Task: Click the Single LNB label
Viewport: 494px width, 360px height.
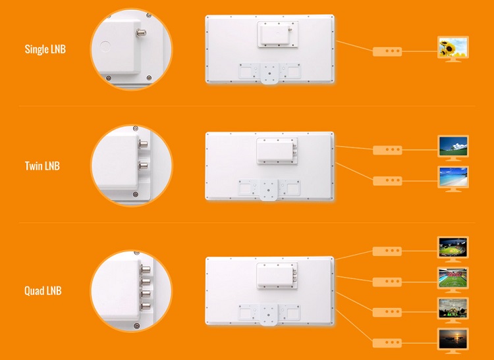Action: (x=45, y=49)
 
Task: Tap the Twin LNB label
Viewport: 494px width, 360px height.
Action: (x=42, y=166)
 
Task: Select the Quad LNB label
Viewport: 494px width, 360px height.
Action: (x=43, y=290)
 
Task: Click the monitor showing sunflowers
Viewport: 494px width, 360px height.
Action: (x=453, y=49)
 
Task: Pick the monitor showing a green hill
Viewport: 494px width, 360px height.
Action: (x=453, y=148)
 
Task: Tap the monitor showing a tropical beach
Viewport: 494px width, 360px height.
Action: (x=453, y=179)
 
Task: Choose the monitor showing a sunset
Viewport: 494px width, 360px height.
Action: (x=453, y=341)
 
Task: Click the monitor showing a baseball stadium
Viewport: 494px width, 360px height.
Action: (x=453, y=249)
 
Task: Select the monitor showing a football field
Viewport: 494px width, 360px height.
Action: (x=453, y=280)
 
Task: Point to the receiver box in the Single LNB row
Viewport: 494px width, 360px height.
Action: (x=387, y=51)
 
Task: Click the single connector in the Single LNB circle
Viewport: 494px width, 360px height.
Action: (x=142, y=32)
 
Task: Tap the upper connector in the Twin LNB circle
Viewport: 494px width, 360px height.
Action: (x=144, y=144)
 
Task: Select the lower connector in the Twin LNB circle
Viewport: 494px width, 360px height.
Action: (x=144, y=166)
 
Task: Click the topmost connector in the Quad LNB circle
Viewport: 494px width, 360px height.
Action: (x=146, y=269)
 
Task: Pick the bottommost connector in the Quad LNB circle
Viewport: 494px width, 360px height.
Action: (x=146, y=306)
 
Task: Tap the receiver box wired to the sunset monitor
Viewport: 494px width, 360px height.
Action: (x=387, y=343)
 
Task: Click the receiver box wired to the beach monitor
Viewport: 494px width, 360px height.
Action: (x=387, y=181)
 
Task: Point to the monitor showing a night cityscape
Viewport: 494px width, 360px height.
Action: (x=453, y=310)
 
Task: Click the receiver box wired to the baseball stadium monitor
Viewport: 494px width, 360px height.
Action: (x=387, y=251)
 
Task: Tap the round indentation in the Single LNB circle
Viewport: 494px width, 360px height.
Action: (x=105, y=47)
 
